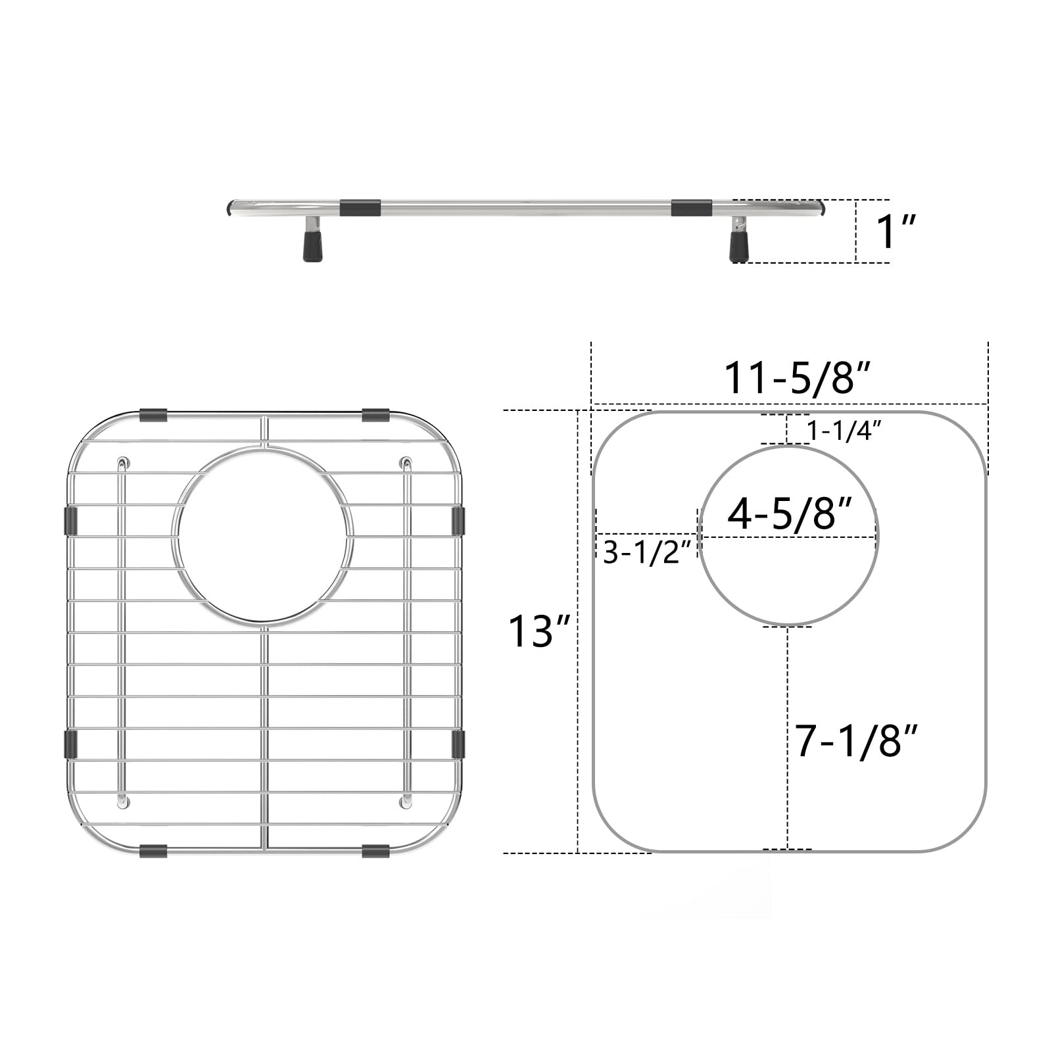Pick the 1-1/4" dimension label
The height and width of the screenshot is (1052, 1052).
(x=844, y=431)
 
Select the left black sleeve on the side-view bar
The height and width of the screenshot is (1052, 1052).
(x=360, y=208)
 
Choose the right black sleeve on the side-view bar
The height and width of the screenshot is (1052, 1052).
(x=691, y=208)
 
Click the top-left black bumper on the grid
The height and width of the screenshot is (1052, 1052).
(x=153, y=416)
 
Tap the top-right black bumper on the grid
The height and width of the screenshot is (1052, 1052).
(x=375, y=416)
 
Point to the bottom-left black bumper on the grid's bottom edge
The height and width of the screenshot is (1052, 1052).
(x=153, y=851)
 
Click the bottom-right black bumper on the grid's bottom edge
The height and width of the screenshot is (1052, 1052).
(x=375, y=851)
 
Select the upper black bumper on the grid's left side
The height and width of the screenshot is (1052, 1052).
(x=70, y=520)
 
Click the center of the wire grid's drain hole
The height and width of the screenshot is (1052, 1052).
(x=263, y=534)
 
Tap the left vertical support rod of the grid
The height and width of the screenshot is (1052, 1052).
(x=122, y=631)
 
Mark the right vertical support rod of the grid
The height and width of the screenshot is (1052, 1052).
(x=407, y=631)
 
